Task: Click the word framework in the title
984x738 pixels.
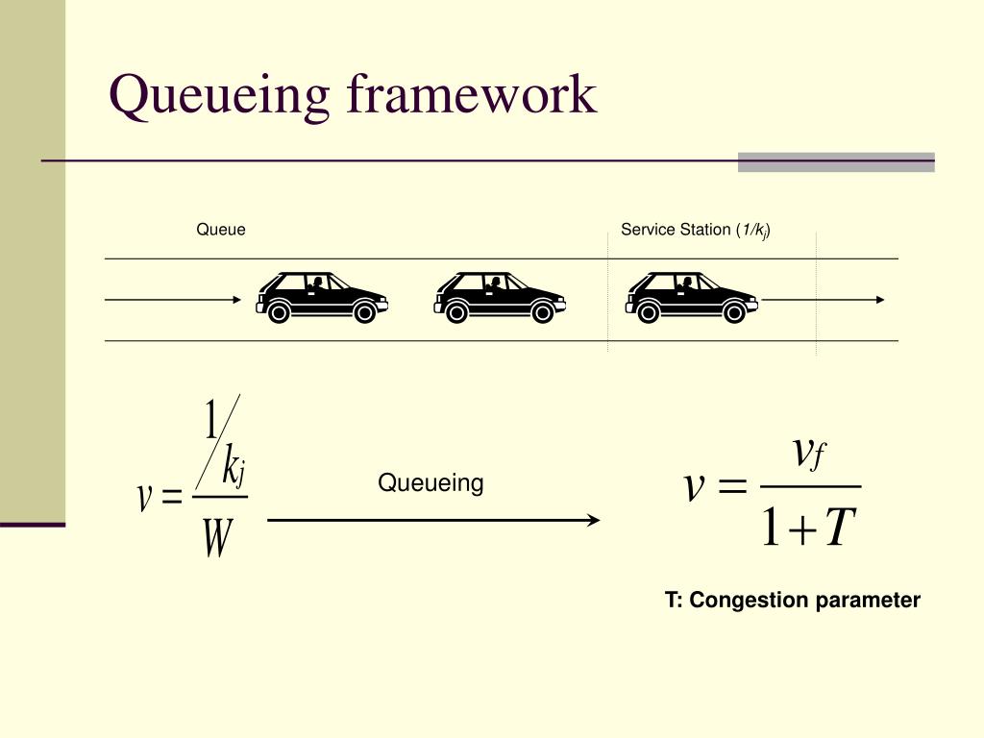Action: (x=471, y=94)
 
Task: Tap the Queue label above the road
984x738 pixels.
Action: (x=221, y=230)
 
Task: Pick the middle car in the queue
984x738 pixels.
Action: (x=500, y=297)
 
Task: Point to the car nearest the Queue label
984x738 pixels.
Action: (x=322, y=297)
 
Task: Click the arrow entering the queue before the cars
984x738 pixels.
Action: (x=173, y=300)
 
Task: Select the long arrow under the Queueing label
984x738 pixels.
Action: (x=432, y=521)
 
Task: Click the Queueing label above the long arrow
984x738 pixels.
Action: (x=430, y=483)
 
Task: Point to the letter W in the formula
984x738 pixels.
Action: (x=217, y=540)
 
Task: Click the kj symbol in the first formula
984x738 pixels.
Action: (x=234, y=469)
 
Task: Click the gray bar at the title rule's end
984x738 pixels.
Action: (x=836, y=162)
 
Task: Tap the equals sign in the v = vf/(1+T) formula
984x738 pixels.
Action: (x=731, y=487)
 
